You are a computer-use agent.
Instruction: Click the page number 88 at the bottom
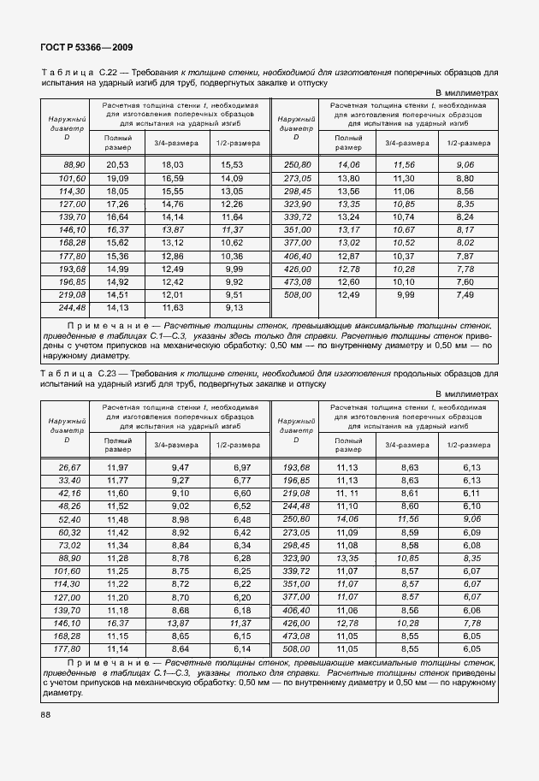45,715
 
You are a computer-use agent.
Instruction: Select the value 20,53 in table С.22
117,163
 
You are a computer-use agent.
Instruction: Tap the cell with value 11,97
117,467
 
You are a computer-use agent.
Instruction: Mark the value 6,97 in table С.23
242,467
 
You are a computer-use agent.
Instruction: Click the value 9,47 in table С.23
180,467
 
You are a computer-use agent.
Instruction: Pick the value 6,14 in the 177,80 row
242,648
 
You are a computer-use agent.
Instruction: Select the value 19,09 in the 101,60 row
117,177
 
